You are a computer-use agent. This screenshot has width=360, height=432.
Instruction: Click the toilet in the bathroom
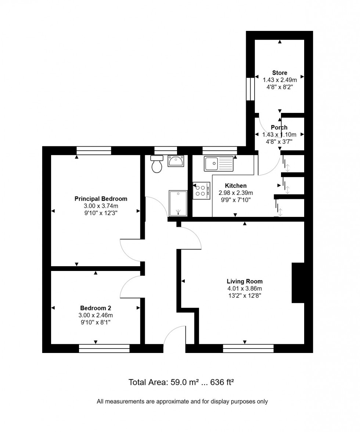click(x=157, y=164)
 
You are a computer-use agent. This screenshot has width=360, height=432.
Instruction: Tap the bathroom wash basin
click(x=176, y=161)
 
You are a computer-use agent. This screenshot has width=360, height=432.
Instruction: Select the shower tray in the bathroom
click(x=178, y=203)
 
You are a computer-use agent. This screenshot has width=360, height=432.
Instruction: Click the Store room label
click(x=280, y=73)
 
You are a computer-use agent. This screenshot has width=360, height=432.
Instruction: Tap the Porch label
click(x=279, y=128)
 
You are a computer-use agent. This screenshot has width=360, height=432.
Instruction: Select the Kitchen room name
click(x=235, y=186)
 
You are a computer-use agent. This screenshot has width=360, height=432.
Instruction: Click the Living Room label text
click(x=244, y=281)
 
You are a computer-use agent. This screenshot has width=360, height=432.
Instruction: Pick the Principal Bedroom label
click(x=101, y=199)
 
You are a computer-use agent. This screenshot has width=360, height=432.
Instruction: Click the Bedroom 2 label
click(x=96, y=308)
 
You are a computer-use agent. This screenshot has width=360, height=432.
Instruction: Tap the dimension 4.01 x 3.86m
click(x=244, y=288)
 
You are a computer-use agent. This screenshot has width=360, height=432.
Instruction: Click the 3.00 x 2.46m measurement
click(x=96, y=315)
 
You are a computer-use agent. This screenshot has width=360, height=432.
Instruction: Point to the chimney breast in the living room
click(x=298, y=283)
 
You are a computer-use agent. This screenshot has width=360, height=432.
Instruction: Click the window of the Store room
click(x=250, y=89)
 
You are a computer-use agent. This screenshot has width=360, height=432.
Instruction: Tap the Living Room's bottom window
click(x=248, y=348)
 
